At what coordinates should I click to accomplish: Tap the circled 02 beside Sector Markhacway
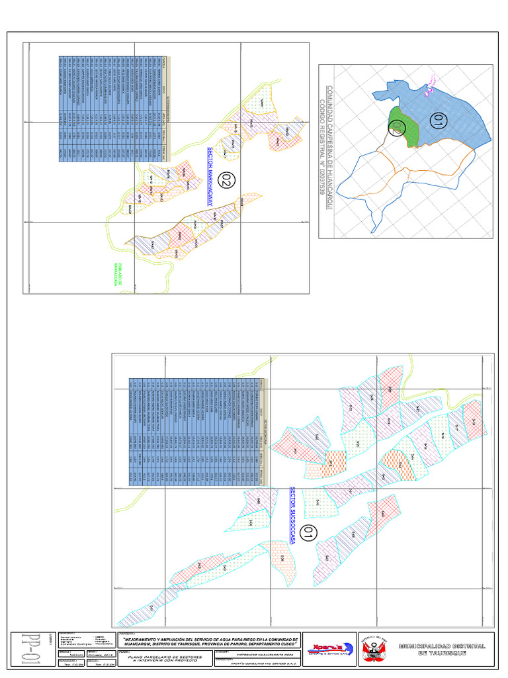(228, 179)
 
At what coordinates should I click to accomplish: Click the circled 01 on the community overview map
(437, 121)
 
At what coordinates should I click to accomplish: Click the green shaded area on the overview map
(405, 128)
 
